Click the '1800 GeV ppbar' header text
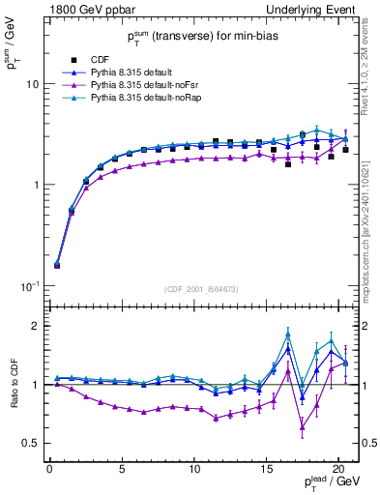pyautogui.click(x=86, y=9)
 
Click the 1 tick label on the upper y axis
pyautogui.click(x=36, y=185)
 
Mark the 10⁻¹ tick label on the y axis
pyautogui.click(x=31, y=285)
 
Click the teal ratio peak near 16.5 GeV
pyautogui.click(x=288, y=334)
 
